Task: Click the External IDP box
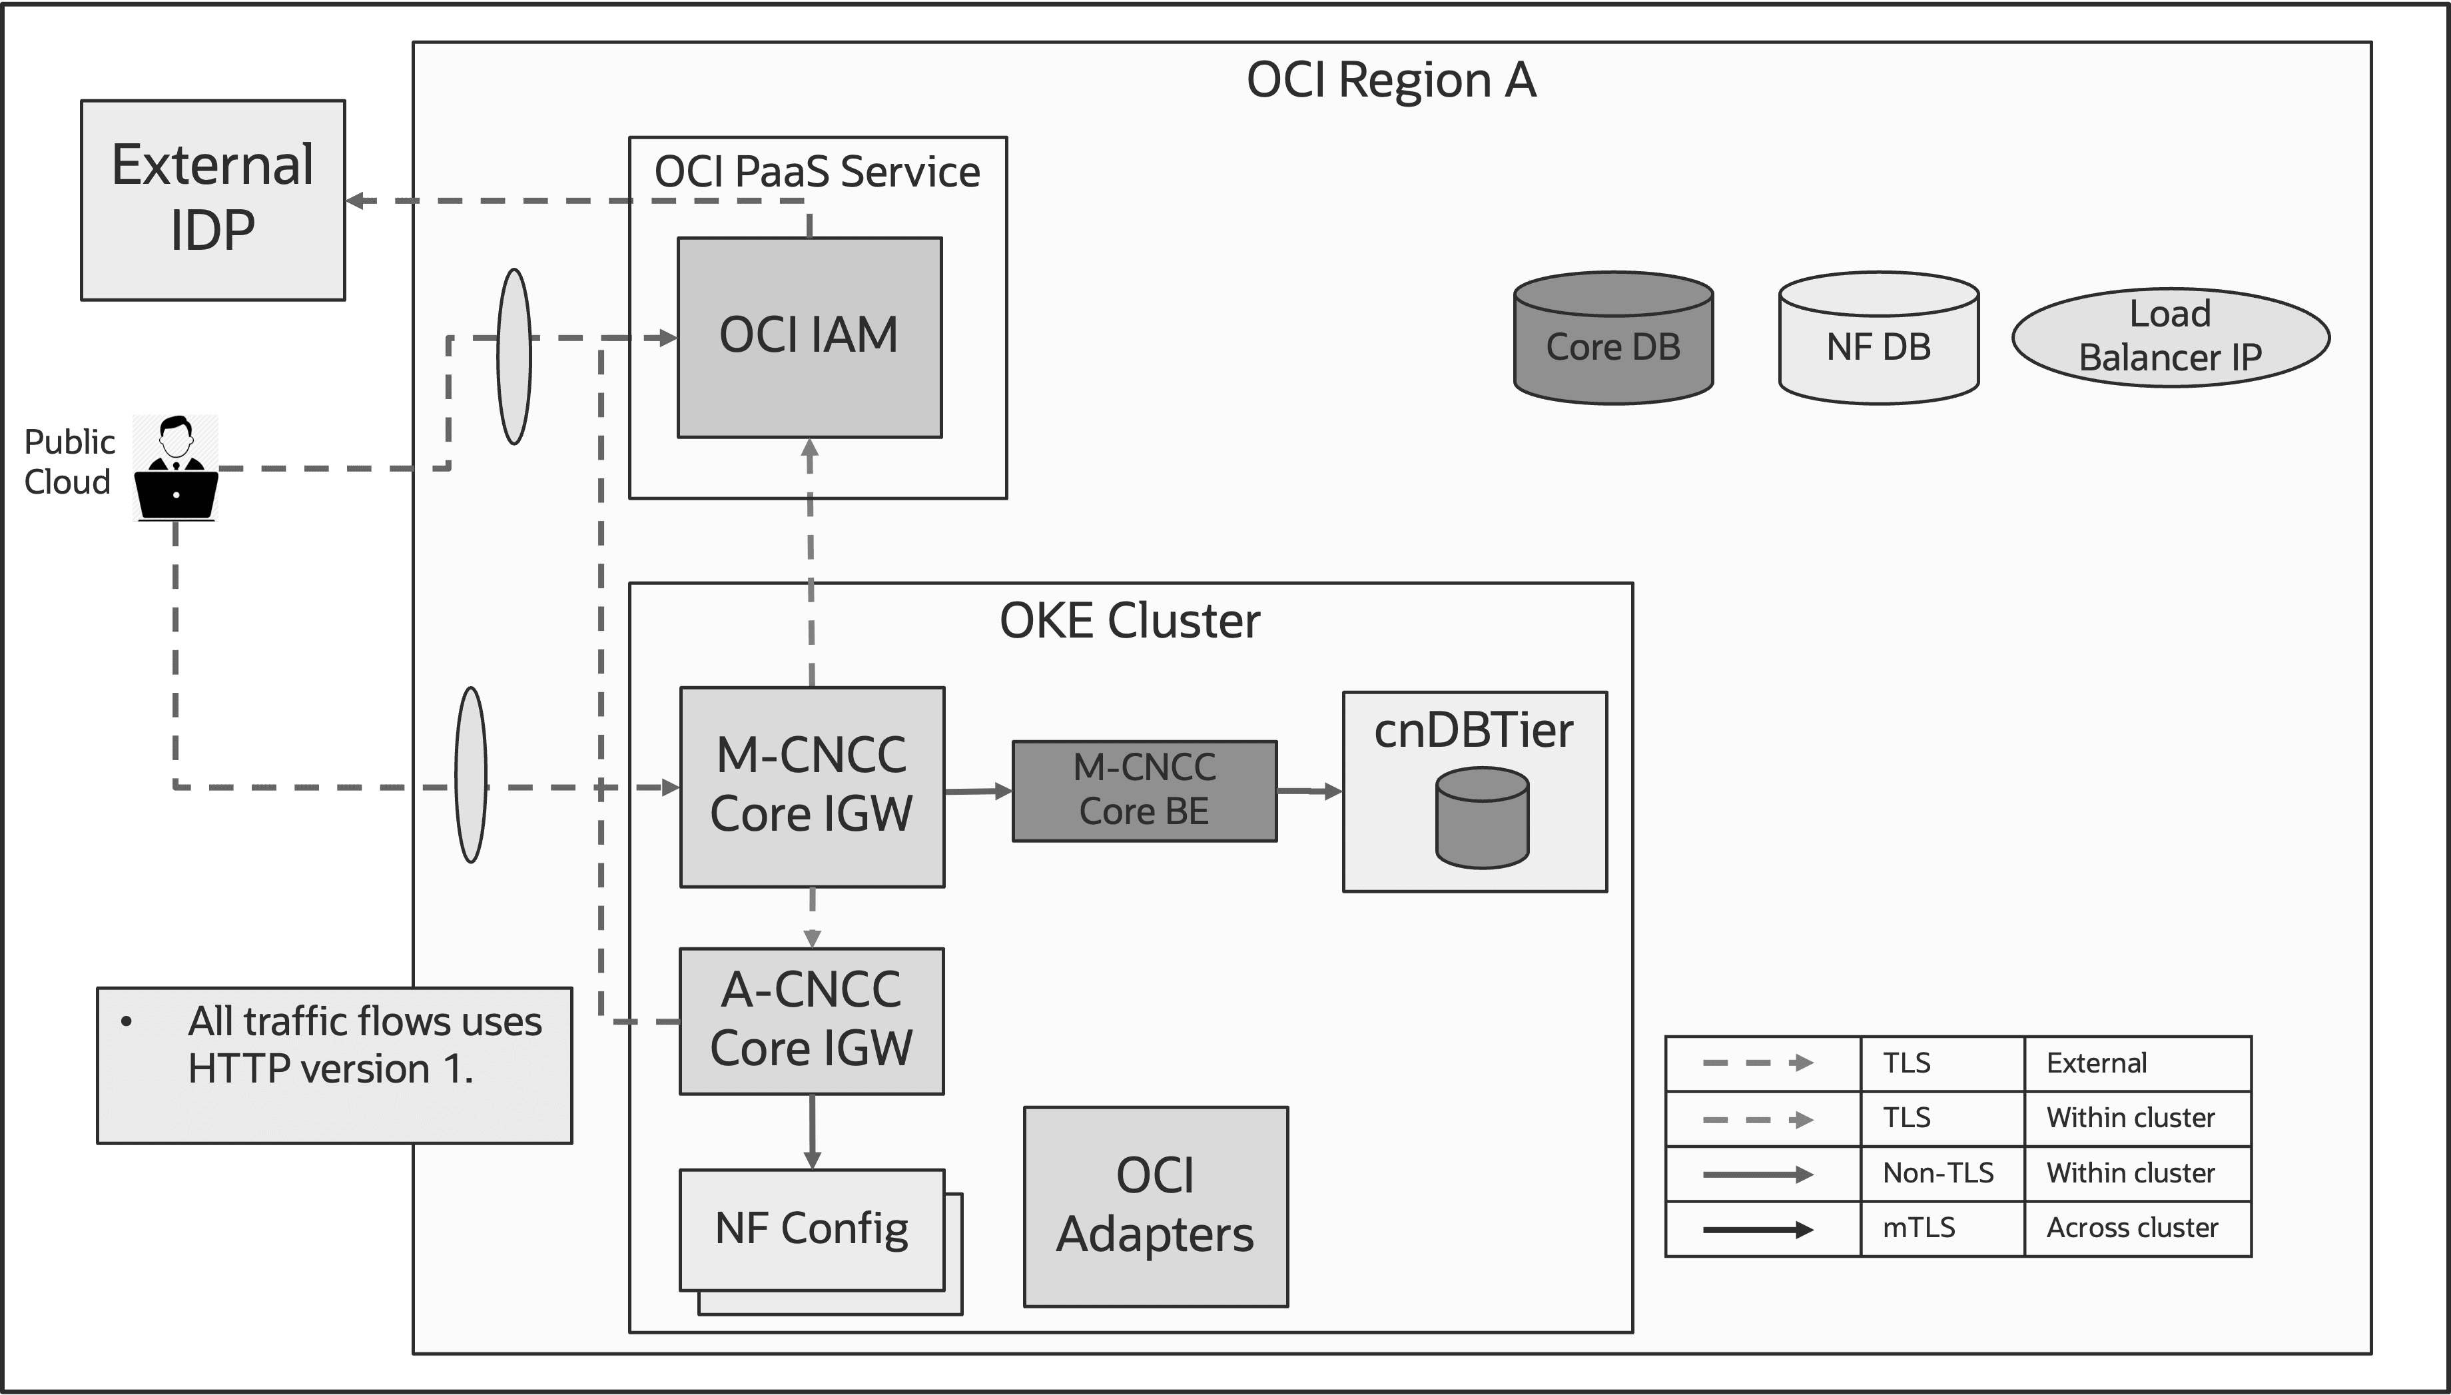point(212,199)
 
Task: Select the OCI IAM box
point(809,337)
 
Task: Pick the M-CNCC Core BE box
point(1144,791)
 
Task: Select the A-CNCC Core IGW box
point(811,1021)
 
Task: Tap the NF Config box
point(811,1229)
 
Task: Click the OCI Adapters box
point(1155,1206)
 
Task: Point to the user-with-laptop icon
point(175,468)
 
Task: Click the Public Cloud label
point(69,462)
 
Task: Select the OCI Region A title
point(1391,79)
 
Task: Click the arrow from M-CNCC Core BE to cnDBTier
point(1308,791)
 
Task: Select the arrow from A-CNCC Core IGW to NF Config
point(812,1131)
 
